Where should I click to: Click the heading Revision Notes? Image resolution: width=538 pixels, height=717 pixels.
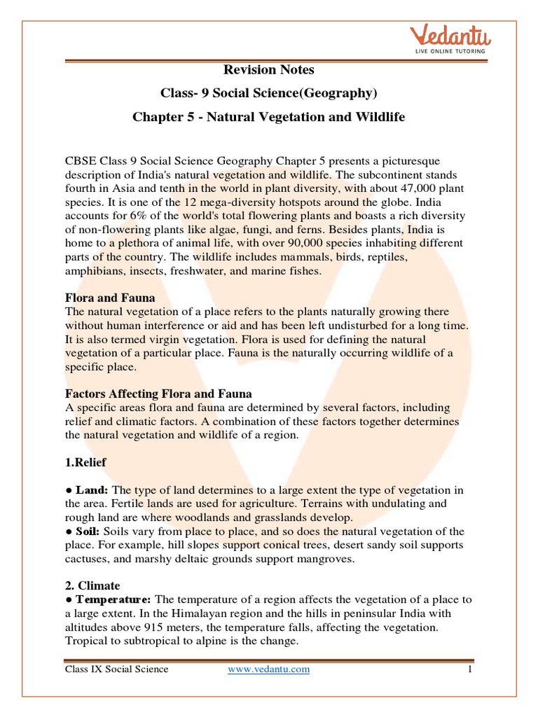coord(268,69)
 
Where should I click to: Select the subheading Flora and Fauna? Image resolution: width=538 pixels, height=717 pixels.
coord(110,298)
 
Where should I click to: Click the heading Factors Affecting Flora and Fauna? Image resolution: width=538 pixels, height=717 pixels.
coord(158,394)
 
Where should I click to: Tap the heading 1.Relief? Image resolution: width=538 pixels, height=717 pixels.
coord(86,462)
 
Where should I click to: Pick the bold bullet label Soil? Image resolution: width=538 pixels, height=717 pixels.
coord(85,530)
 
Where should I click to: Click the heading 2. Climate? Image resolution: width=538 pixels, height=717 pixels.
coord(92,585)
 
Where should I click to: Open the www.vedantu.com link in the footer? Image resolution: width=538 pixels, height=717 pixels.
coord(268,669)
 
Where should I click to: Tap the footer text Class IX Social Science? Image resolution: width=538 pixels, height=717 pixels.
coord(116,669)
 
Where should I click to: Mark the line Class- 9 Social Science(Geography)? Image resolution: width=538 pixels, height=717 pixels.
coord(268,92)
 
